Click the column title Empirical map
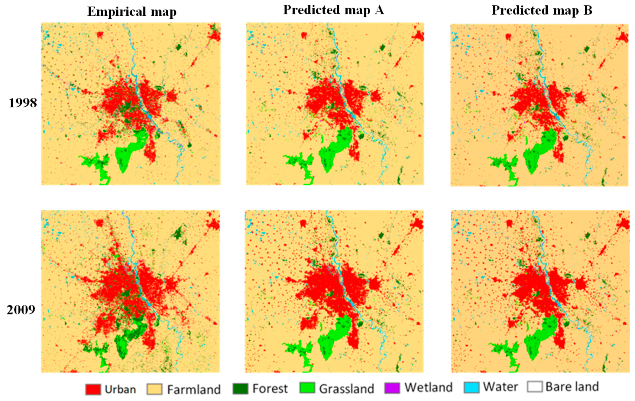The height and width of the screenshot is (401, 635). coord(132,11)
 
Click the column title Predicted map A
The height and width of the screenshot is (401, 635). coord(333,10)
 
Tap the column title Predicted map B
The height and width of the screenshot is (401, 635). coord(542,10)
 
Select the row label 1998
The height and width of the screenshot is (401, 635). coord(23,103)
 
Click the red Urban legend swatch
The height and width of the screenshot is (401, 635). coord(93,389)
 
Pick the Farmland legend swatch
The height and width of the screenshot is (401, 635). coord(154,389)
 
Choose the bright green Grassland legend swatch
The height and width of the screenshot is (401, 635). coord(307,388)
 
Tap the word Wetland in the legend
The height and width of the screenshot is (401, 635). coord(429,388)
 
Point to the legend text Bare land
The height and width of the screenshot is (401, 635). coord(572,387)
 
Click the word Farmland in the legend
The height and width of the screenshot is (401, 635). coord(194,390)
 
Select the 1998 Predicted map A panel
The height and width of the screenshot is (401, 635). coord(335,104)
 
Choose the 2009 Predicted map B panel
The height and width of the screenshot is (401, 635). coord(540,291)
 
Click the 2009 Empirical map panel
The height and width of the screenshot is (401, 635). coord(131,291)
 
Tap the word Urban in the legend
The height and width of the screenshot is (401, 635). coord(120,390)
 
